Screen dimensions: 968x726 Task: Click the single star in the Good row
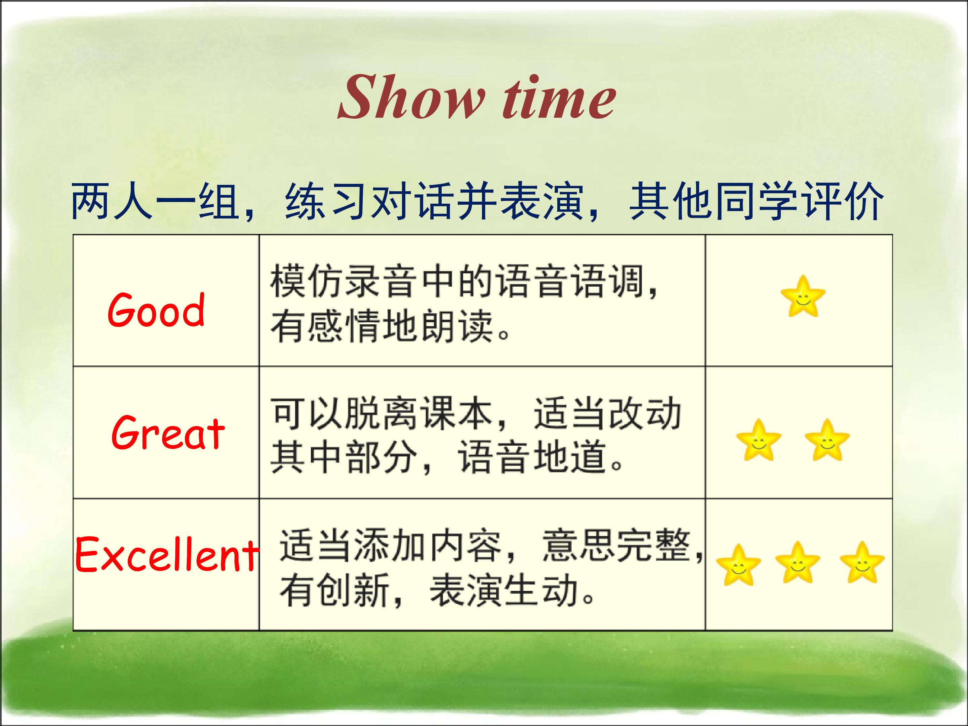(803, 296)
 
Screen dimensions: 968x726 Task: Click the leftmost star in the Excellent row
(739, 565)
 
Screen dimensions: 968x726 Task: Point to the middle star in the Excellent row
(798, 562)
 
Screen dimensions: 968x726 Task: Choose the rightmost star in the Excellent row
(862, 562)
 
